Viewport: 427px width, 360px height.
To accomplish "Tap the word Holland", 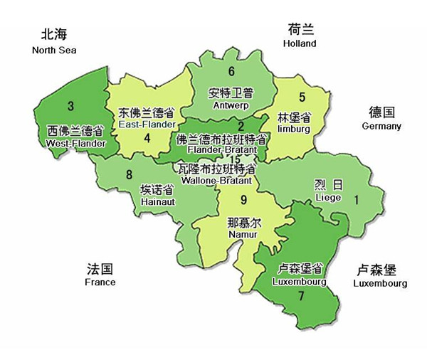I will click(299, 43).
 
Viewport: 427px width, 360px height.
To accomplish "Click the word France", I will click(100, 282).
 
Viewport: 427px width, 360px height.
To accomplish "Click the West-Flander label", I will click(75, 143).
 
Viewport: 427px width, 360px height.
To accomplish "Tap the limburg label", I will click(294, 129).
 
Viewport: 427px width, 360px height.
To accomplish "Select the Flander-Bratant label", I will click(222, 150).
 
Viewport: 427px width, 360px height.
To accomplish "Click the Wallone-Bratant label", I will click(218, 181).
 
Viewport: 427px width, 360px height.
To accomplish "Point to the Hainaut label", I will click(157, 202).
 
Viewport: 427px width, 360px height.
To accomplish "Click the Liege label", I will click(328, 196).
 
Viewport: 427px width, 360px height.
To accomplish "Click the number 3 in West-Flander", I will click(70, 107).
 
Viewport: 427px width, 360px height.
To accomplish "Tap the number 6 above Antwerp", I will click(231, 71).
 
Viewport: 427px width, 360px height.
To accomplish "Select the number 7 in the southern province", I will click(301, 295).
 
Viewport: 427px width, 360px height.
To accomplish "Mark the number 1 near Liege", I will click(357, 201).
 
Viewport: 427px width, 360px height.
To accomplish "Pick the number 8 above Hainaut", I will click(129, 175).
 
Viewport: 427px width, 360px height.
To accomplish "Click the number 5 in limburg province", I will click(302, 97).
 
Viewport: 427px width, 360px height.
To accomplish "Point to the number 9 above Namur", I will click(243, 199).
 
